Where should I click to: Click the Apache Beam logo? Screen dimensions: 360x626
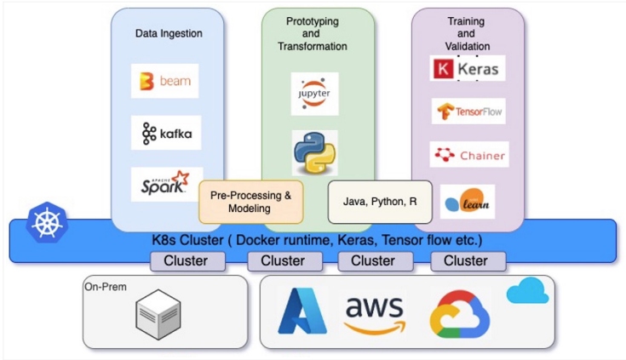164,82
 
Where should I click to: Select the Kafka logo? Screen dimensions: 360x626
166,134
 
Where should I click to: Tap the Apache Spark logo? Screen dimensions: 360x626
166,183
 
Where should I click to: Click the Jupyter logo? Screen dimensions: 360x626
314,94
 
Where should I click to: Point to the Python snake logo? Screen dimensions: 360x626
314,151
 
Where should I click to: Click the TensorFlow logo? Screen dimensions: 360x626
468,111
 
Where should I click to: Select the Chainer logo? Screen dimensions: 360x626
468,155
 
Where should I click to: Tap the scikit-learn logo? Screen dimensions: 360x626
467,201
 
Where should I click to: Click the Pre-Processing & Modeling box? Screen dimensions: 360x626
250,202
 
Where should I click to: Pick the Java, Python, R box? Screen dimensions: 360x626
380,202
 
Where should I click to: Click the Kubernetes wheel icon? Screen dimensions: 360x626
43,222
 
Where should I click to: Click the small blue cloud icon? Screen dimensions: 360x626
527,292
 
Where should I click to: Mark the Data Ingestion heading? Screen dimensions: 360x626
169,33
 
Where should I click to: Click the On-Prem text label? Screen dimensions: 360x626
106,287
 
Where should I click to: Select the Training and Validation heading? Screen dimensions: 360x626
467,32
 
